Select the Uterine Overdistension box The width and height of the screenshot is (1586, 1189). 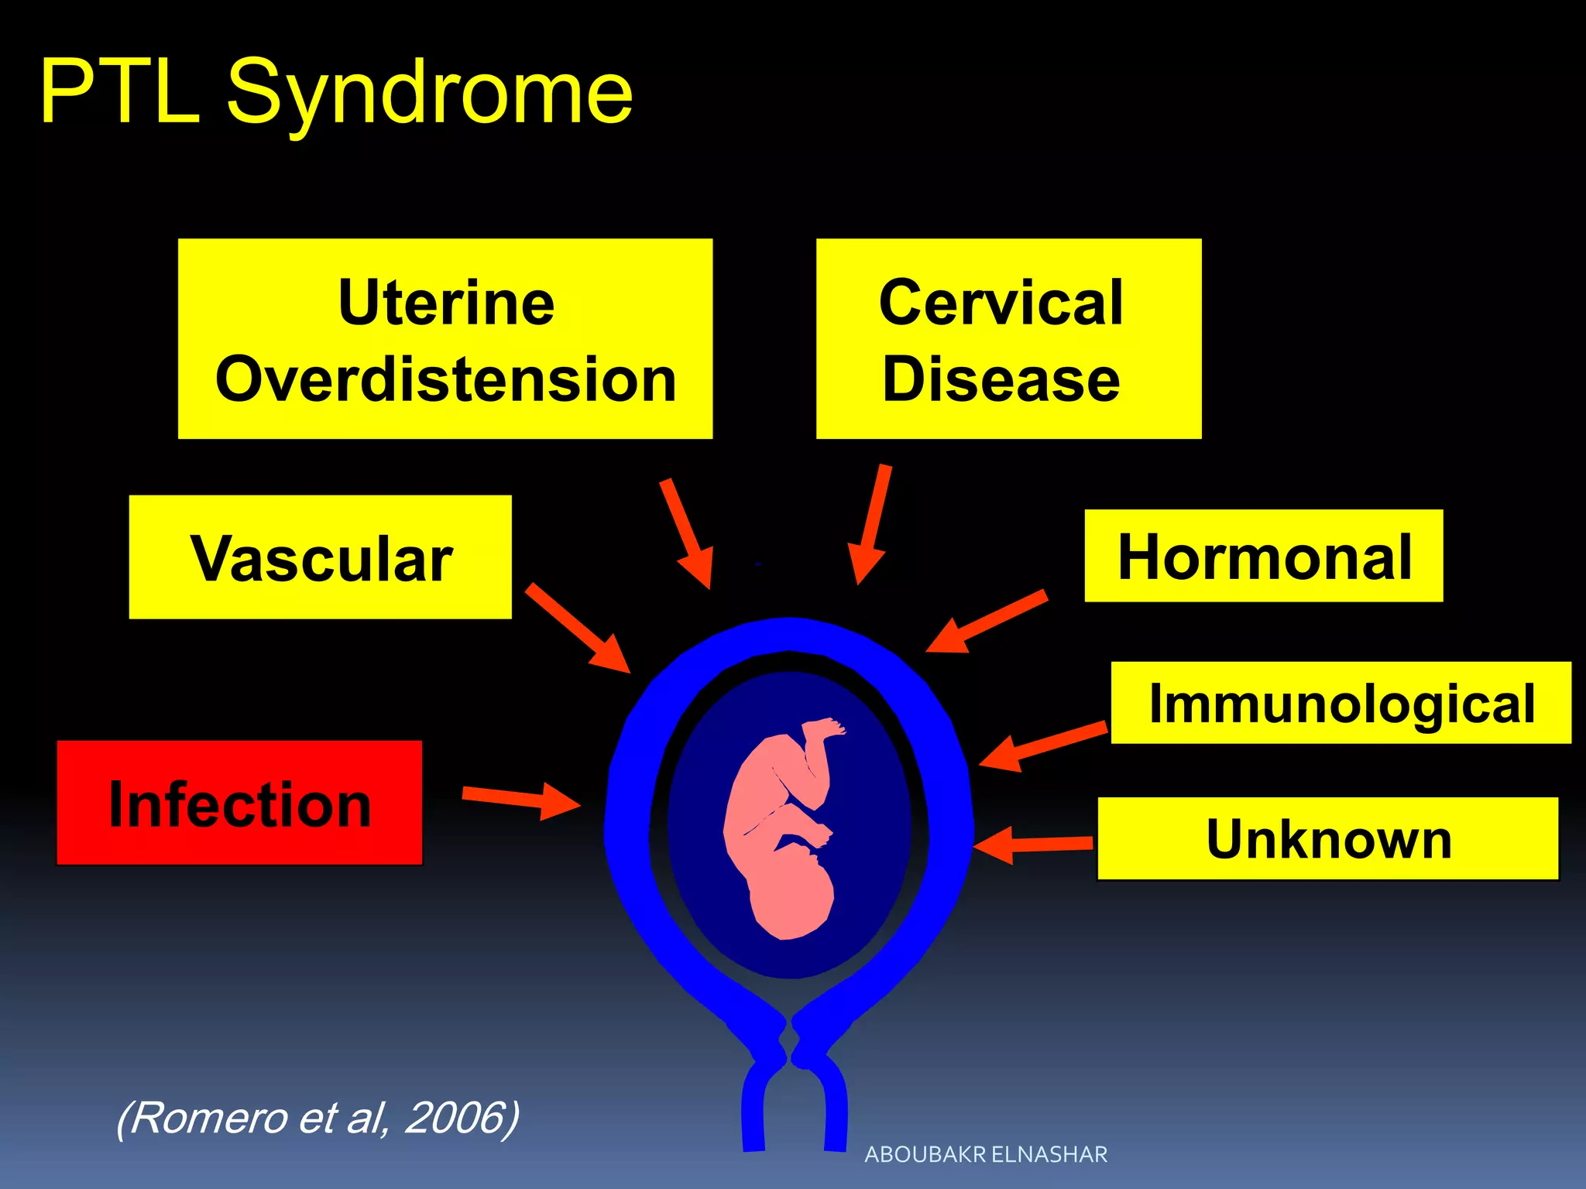[x=445, y=339]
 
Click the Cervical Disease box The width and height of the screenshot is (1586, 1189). [x=1008, y=339]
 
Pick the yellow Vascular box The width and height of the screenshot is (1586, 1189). [x=320, y=557]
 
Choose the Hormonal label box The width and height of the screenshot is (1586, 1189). [x=1263, y=556]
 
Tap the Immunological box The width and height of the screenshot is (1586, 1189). [x=1341, y=703]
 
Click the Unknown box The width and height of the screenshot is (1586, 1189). [x=1327, y=838]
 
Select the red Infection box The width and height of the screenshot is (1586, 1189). [x=239, y=803]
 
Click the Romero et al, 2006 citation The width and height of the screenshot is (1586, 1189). [x=318, y=1118]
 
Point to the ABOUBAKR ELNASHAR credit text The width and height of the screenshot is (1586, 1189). [x=986, y=1154]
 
